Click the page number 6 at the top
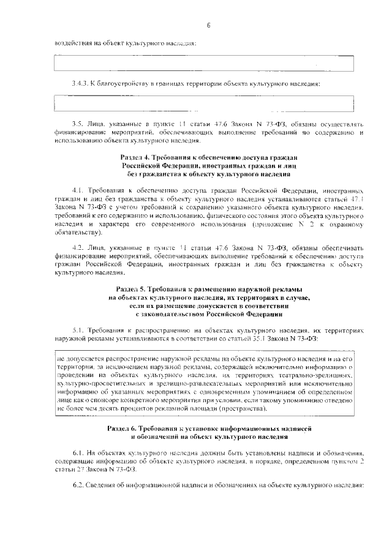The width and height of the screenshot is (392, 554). [208, 25]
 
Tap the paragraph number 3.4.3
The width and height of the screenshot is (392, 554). [80, 83]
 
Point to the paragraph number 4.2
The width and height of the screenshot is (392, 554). [78, 247]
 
